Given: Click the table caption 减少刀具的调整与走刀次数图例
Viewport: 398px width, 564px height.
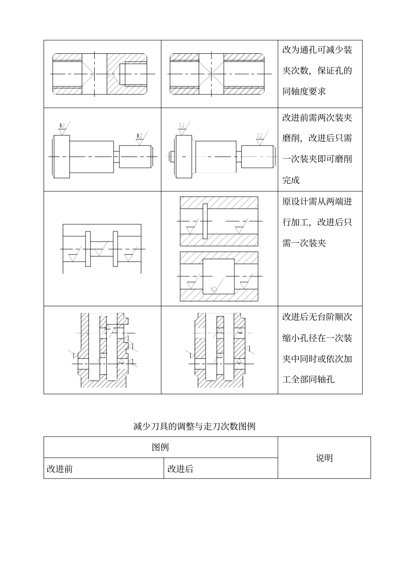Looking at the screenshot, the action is pyautogui.click(x=194, y=427).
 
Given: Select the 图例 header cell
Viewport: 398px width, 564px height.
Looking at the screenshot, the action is pyautogui.click(x=160, y=447).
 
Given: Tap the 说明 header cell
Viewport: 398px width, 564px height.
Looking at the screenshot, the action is pyautogui.click(x=324, y=458).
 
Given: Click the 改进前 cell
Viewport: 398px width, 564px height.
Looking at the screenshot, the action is pyautogui.click(x=60, y=469).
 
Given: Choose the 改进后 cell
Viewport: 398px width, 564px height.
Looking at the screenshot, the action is pyautogui.click(x=181, y=469).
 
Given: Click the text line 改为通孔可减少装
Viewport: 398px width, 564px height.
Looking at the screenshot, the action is pyautogui.click(x=317, y=50).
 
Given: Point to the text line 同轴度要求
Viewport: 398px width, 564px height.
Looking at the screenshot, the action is pyautogui.click(x=304, y=91).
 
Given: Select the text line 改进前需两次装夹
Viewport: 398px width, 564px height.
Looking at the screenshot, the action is pyautogui.click(x=317, y=118).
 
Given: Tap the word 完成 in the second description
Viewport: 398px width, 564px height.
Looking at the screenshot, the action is pyautogui.click(x=291, y=180).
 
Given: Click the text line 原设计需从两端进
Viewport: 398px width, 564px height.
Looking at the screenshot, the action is pyautogui.click(x=317, y=202).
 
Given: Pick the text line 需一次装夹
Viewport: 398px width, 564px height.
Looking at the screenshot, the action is pyautogui.click(x=304, y=243).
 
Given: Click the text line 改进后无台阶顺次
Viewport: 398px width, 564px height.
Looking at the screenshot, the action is pyautogui.click(x=317, y=317).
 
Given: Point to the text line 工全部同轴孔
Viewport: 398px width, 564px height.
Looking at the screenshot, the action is pyautogui.click(x=308, y=379).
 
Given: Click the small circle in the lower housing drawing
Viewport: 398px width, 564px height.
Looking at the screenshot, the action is pyautogui.click(x=214, y=288).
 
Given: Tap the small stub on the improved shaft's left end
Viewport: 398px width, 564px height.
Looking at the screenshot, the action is pyautogui.click(x=171, y=156).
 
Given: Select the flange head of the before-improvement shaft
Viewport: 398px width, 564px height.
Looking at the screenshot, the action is pyautogui.click(x=61, y=156).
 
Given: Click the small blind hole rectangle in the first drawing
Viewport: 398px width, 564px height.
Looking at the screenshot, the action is pyautogui.click(x=133, y=74).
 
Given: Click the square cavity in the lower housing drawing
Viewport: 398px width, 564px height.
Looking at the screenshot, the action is pyautogui.click(x=218, y=276).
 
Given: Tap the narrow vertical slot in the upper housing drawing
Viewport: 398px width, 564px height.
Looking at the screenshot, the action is pyautogui.click(x=205, y=221).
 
